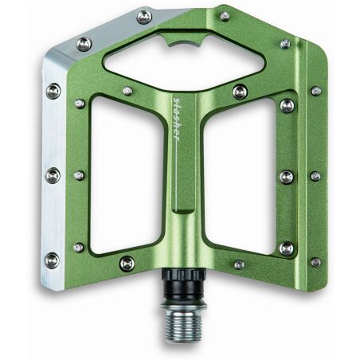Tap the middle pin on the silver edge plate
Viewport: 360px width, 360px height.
pos(53,174)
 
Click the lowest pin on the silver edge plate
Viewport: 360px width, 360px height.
pos(52,260)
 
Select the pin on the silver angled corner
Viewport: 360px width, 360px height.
pos(84,45)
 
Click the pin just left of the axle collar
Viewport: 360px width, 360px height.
pos(127,263)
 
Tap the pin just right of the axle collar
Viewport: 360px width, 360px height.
pos(239,264)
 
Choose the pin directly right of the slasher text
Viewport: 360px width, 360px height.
pos(239,92)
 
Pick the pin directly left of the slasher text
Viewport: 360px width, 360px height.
pos(127,92)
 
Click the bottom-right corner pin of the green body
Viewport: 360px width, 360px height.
pos(315,262)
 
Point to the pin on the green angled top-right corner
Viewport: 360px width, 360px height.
pos(284,44)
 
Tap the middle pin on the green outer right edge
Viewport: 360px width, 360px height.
pos(315,176)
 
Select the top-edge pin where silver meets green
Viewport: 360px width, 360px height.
pos(144,17)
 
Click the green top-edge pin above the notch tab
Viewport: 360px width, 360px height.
pos(225,16)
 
